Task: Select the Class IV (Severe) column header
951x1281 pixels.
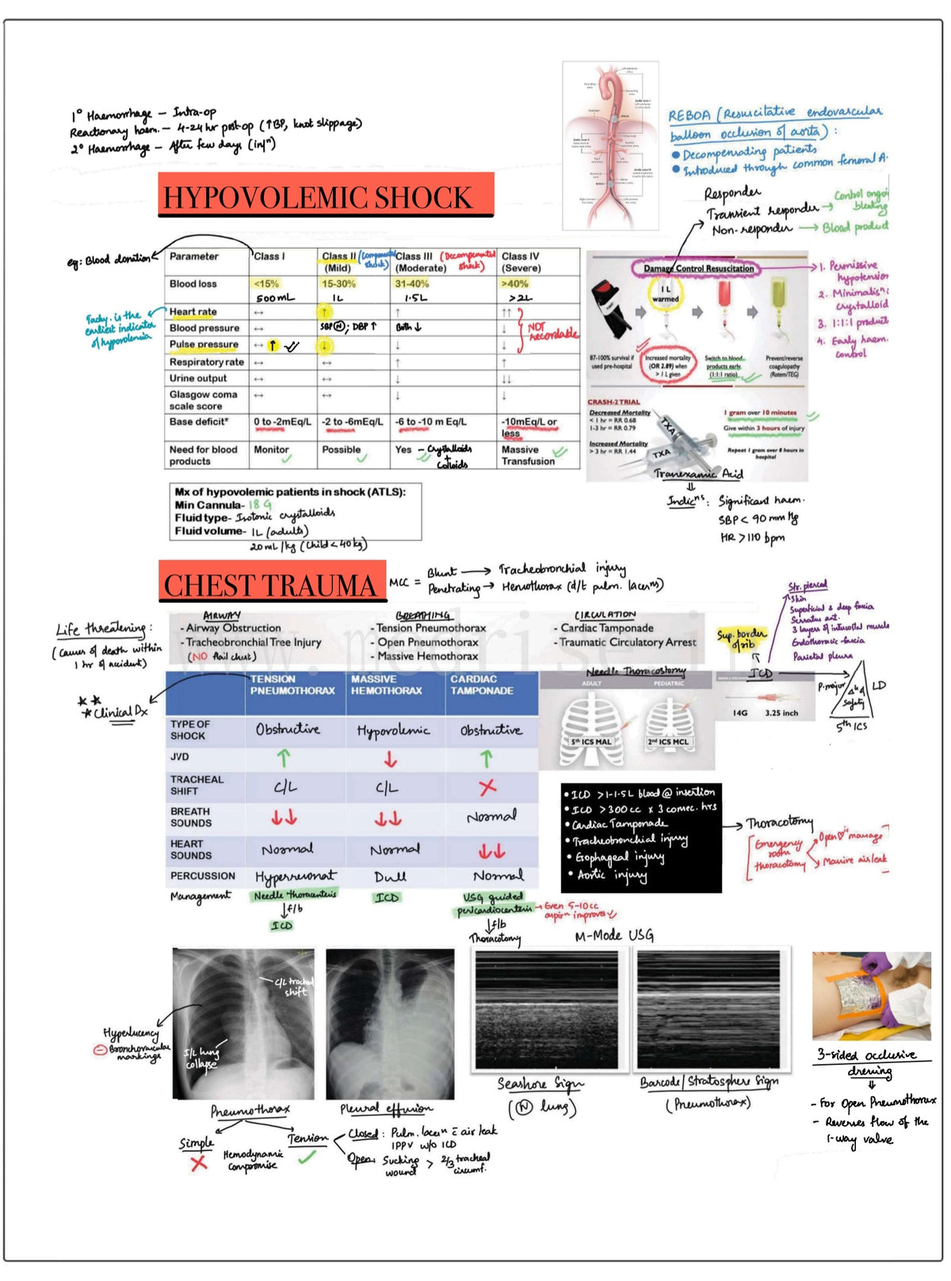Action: (521, 262)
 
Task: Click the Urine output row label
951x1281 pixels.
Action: (198, 379)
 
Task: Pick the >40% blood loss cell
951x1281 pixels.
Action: (515, 284)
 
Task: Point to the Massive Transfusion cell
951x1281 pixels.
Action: (528, 456)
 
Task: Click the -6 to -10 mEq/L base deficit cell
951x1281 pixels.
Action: (431, 422)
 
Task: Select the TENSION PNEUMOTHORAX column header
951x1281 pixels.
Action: (292, 685)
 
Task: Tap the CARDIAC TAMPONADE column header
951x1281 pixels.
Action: (482, 685)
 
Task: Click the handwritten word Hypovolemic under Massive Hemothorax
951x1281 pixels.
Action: (393, 730)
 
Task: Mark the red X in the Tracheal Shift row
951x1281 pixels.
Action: (487, 786)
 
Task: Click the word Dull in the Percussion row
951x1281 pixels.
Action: (390, 877)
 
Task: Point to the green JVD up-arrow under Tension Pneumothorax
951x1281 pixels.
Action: (284, 758)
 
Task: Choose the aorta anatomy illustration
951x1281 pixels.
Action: (611, 146)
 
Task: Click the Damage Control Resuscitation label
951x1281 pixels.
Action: (698, 269)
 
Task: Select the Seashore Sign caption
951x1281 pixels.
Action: (540, 1084)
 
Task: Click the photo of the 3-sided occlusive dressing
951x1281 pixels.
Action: (871, 996)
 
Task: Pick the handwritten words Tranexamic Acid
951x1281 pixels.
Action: (698, 474)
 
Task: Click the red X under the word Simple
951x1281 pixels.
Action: (198, 1163)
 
